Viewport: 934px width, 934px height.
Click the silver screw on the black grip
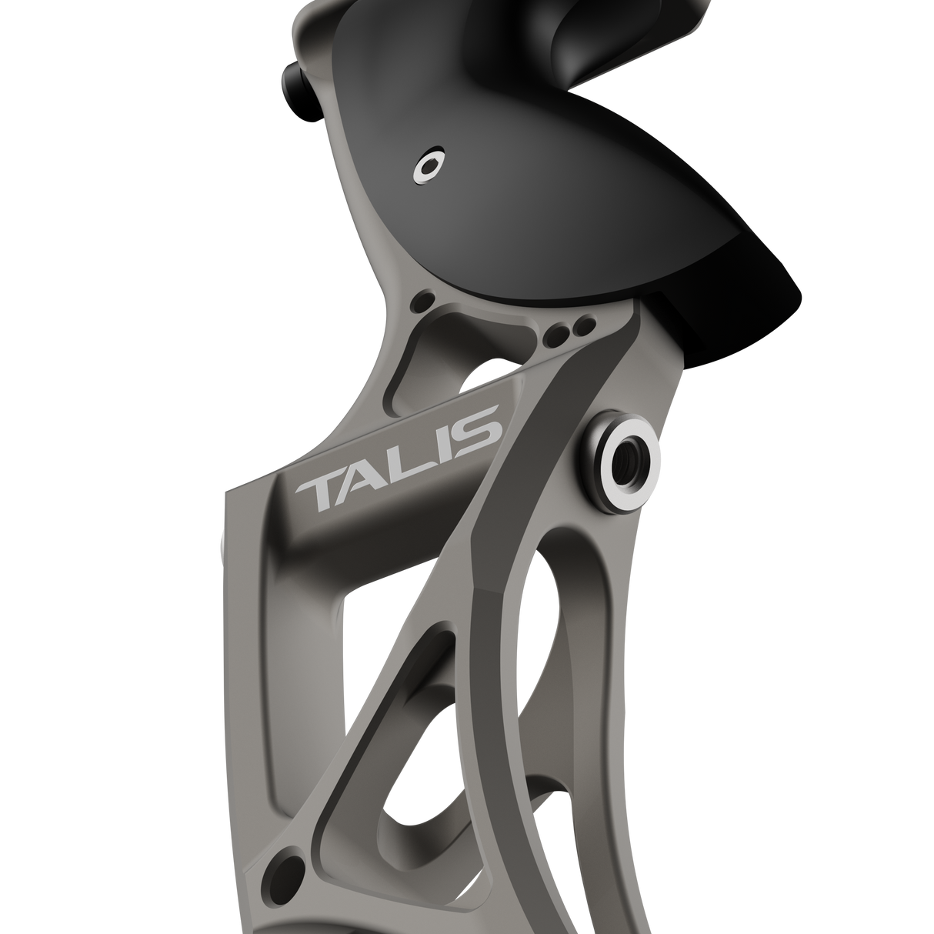tap(429, 165)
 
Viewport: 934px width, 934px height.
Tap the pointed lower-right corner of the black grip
tap(800, 293)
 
